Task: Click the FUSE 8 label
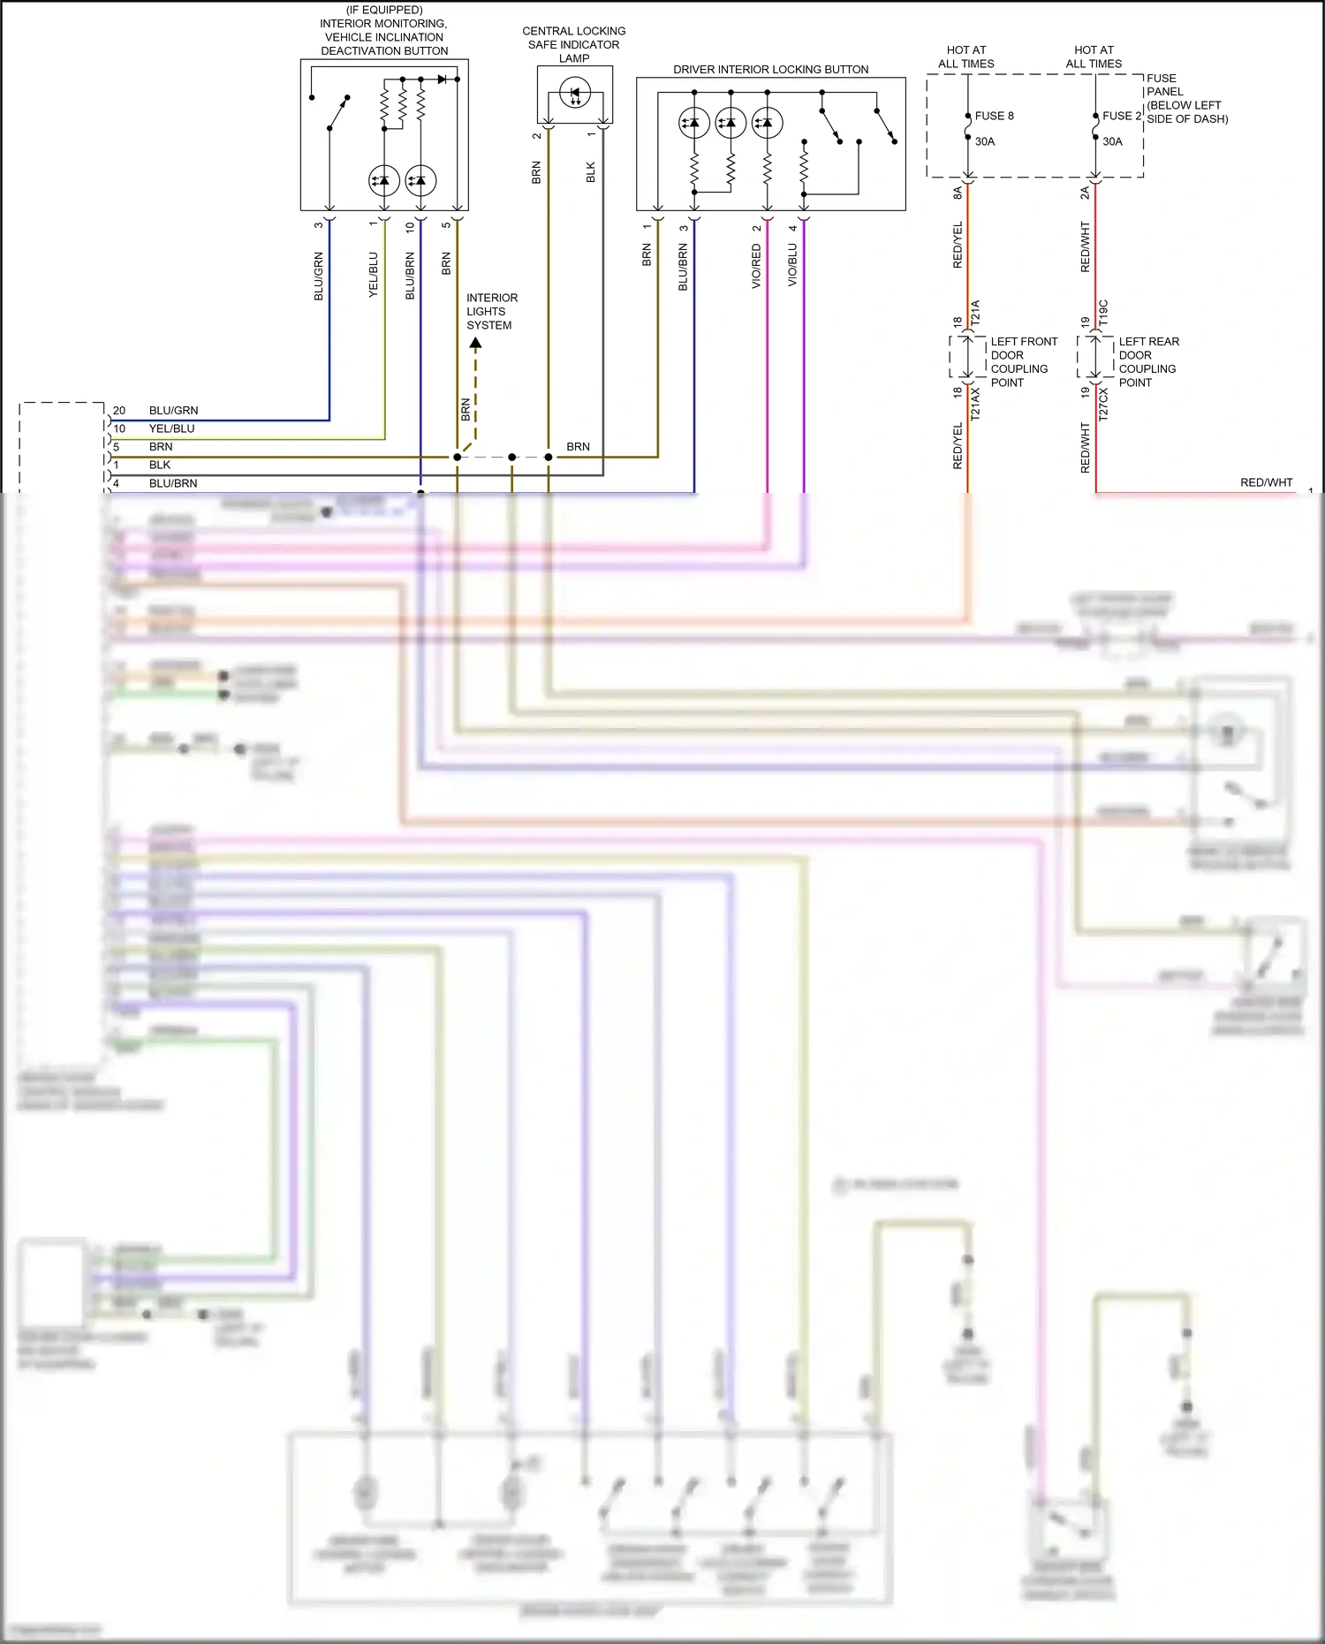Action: [x=994, y=116]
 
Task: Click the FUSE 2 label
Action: [x=1122, y=116]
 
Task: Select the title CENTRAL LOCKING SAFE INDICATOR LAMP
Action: [x=573, y=44]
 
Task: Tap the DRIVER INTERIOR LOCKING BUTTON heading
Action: [x=770, y=69]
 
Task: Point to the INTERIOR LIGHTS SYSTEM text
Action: [x=491, y=312]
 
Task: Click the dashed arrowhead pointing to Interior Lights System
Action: [x=475, y=343]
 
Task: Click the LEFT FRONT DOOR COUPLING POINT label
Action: [x=1023, y=362]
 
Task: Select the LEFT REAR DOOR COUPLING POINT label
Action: [x=1147, y=362]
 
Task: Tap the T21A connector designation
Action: [x=976, y=312]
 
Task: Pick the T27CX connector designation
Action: [x=1103, y=404]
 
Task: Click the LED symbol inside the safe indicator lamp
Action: [x=575, y=94]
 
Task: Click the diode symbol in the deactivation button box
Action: [x=442, y=80]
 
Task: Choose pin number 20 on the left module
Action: [x=119, y=411]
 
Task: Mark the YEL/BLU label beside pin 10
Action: [x=171, y=428]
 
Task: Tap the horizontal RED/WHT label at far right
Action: [x=1266, y=482]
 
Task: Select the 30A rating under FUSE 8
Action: [x=984, y=141]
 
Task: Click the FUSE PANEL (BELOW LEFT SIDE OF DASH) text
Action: [x=1186, y=98]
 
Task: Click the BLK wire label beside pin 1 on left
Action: [x=160, y=465]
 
